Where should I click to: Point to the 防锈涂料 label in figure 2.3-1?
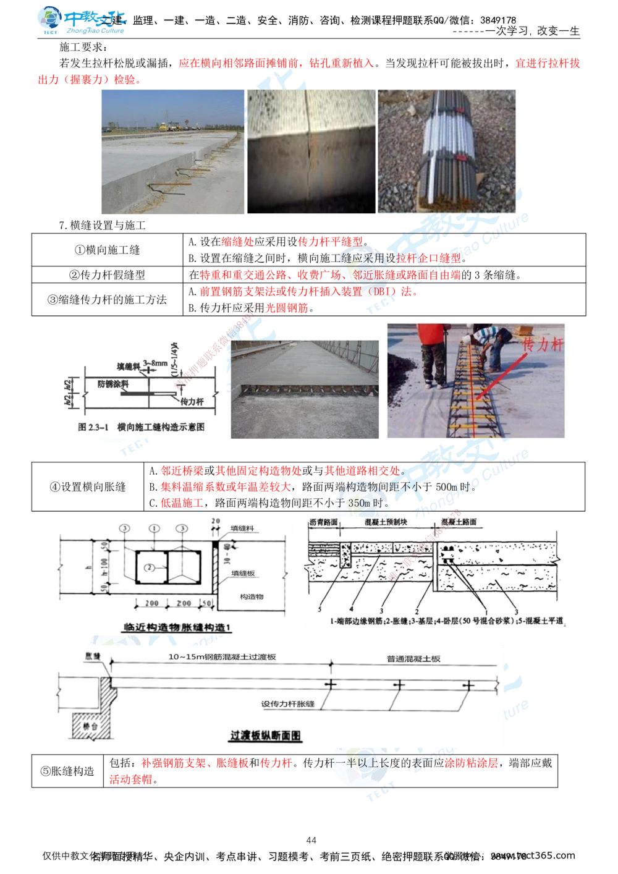(x=113, y=384)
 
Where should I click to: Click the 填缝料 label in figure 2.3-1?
(x=129, y=366)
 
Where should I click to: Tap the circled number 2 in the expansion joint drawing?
(x=149, y=567)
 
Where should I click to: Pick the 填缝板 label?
(x=243, y=574)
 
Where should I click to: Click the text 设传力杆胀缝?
(x=288, y=704)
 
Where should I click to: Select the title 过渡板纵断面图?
(x=265, y=736)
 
